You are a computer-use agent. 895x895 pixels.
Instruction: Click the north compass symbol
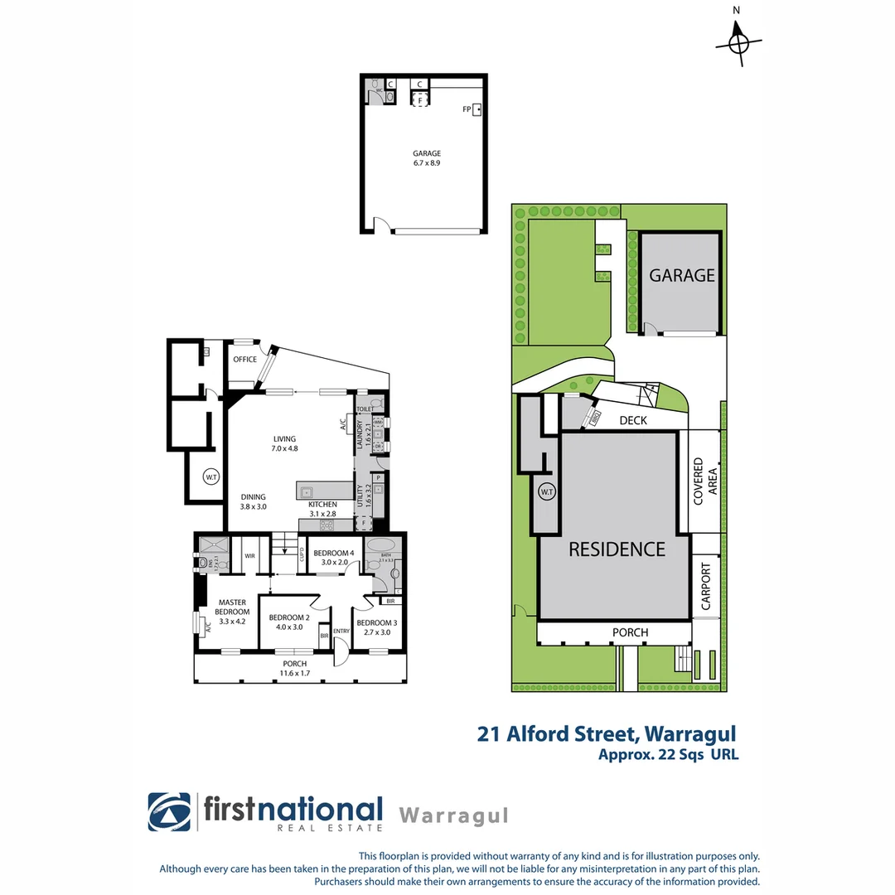[740, 41]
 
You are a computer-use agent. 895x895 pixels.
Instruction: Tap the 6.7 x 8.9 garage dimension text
[427, 164]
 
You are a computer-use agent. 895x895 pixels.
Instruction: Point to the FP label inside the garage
[467, 109]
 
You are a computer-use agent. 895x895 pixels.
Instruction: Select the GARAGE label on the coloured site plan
[681, 276]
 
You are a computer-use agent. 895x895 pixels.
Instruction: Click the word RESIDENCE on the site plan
[616, 549]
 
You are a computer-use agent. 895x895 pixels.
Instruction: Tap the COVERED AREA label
[704, 481]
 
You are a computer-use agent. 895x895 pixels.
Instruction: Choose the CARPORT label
[706, 587]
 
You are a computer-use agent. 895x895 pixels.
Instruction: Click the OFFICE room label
[244, 360]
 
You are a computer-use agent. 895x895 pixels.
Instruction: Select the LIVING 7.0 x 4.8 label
[284, 443]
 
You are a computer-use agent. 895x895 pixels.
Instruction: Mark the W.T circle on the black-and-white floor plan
[210, 477]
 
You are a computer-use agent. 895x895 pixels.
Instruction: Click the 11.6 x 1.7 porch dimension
[295, 674]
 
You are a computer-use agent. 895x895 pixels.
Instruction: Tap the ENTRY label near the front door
[341, 631]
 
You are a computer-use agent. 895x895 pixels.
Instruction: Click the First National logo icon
[169, 811]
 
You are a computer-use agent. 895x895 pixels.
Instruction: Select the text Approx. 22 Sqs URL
[668, 754]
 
